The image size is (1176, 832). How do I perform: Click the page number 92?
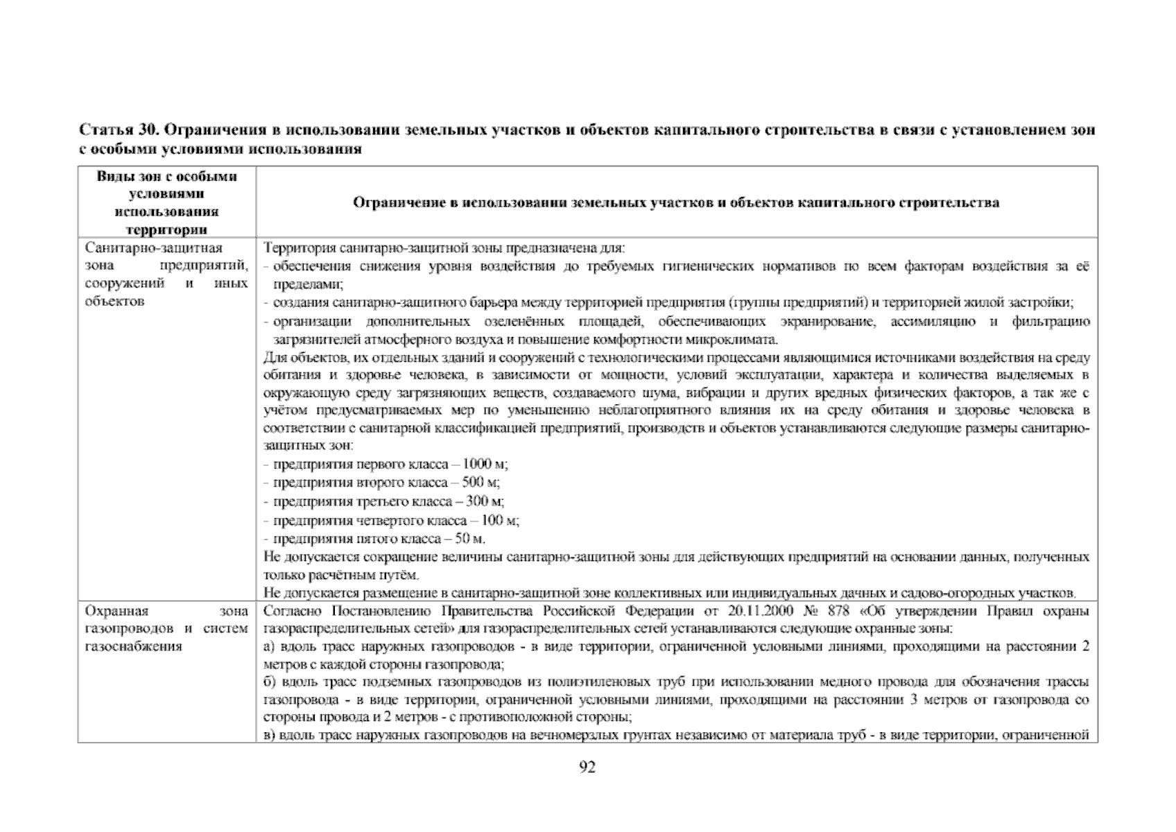click(x=587, y=768)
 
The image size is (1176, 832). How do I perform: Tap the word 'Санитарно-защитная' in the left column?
click(x=153, y=248)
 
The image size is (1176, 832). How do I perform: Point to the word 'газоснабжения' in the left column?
click(x=133, y=646)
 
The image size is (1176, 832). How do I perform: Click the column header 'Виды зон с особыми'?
click(x=166, y=176)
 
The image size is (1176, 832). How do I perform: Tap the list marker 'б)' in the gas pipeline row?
click(x=270, y=683)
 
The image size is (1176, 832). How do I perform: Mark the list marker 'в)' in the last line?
click(x=270, y=735)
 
